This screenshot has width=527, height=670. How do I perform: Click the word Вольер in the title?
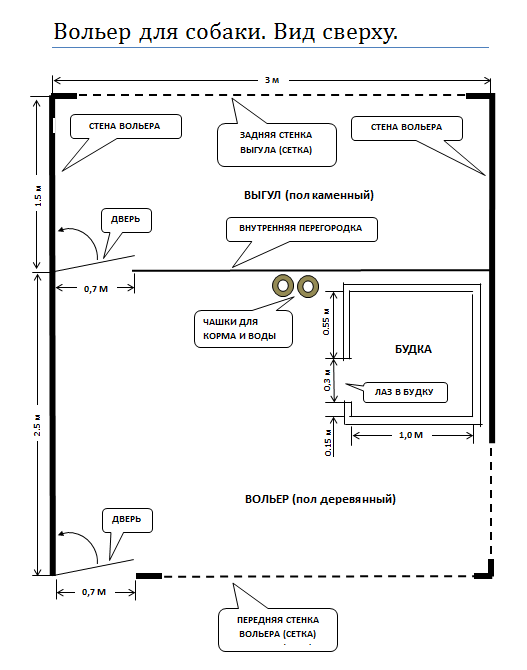[x=92, y=32]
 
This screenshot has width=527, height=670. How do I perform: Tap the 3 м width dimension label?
[x=272, y=80]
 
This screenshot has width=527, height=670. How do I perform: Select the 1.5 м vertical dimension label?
[x=38, y=196]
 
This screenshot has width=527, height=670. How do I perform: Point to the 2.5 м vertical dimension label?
[x=38, y=425]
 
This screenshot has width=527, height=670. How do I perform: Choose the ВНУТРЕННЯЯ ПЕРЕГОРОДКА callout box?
[x=302, y=229]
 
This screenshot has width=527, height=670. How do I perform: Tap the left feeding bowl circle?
[x=283, y=286]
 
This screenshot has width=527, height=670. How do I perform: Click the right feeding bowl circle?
[x=308, y=286]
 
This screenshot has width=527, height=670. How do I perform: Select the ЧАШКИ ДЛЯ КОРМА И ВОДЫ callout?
[x=243, y=329]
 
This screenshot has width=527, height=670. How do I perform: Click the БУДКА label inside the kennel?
[x=413, y=349]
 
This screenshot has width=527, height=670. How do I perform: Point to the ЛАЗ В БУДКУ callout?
[x=404, y=392]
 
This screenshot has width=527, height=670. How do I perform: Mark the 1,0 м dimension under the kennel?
[x=411, y=435]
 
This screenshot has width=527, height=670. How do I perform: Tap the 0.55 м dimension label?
[x=327, y=321]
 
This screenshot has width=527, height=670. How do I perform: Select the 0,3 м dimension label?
[x=327, y=380]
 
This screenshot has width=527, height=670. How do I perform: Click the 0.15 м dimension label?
[x=328, y=442]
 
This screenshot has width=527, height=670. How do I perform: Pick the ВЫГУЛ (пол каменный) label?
[x=309, y=195]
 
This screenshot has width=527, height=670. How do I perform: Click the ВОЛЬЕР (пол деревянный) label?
[x=320, y=499]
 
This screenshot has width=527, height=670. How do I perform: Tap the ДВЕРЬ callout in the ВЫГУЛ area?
[x=126, y=220]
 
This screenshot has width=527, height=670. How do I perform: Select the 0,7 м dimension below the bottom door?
[x=94, y=592]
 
